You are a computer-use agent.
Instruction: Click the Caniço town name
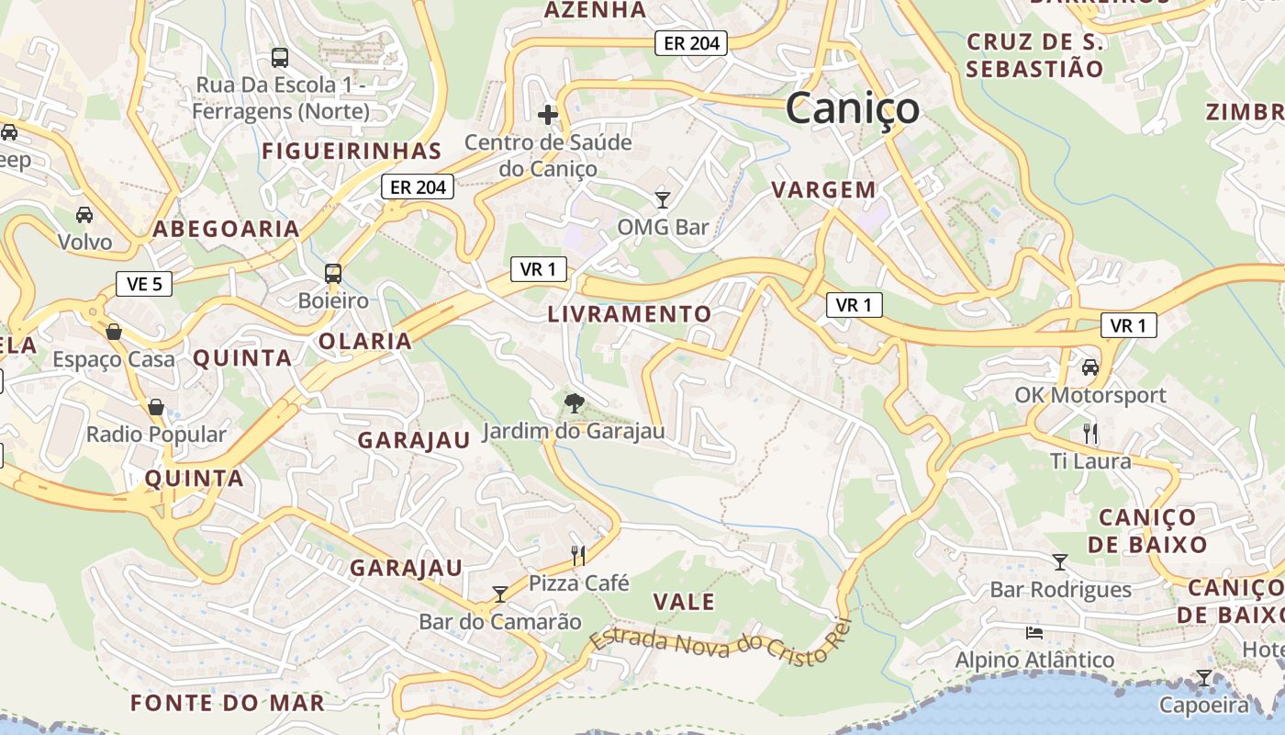pyautogui.click(x=852, y=107)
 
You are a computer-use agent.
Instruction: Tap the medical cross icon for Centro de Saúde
pyautogui.click(x=548, y=115)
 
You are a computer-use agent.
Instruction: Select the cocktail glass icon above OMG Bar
pyautogui.click(x=663, y=198)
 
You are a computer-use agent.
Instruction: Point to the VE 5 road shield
pyautogui.click(x=144, y=284)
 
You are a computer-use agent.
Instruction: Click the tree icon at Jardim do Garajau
pyautogui.click(x=575, y=402)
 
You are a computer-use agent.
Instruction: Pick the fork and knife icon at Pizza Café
pyautogui.click(x=578, y=555)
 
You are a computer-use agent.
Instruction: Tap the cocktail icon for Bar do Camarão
pyautogui.click(x=500, y=594)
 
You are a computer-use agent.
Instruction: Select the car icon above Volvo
pyautogui.click(x=84, y=215)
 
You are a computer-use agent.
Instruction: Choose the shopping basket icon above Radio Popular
pyautogui.click(x=156, y=407)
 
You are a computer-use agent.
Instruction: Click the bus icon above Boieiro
pyautogui.click(x=333, y=273)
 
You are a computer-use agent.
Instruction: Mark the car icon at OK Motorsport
pyautogui.click(x=1090, y=367)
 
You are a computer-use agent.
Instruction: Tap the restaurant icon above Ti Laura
pyautogui.click(x=1090, y=433)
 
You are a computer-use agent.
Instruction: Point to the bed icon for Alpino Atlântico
pyautogui.click(x=1034, y=632)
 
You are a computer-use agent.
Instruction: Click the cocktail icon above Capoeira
pyautogui.click(x=1204, y=678)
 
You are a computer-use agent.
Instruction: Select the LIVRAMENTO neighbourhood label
pyautogui.click(x=630, y=314)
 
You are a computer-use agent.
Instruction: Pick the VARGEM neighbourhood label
pyautogui.click(x=823, y=190)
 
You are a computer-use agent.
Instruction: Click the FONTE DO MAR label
pyautogui.click(x=228, y=704)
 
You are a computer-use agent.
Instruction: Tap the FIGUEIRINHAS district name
pyautogui.click(x=352, y=152)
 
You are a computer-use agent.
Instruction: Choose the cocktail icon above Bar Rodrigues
pyautogui.click(x=1060, y=561)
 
